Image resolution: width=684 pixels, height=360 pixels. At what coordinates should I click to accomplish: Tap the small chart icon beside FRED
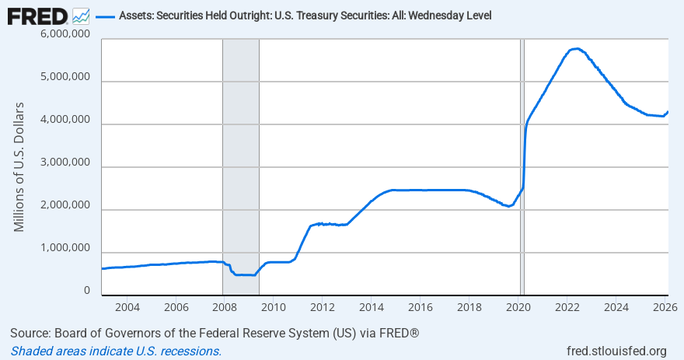point(81,16)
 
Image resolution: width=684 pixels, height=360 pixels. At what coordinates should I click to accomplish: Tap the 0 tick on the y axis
point(87,290)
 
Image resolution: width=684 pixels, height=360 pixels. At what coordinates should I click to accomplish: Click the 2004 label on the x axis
point(127,306)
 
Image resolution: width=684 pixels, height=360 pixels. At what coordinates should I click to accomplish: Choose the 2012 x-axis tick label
point(322,306)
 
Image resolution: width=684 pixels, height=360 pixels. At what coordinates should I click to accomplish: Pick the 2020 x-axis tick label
point(518,306)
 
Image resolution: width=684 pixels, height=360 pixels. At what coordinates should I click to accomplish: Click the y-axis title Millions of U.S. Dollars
point(20,166)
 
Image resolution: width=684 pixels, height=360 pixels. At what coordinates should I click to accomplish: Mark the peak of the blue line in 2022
point(576,48)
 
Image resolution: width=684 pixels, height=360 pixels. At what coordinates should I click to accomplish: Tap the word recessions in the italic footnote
point(191,351)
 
